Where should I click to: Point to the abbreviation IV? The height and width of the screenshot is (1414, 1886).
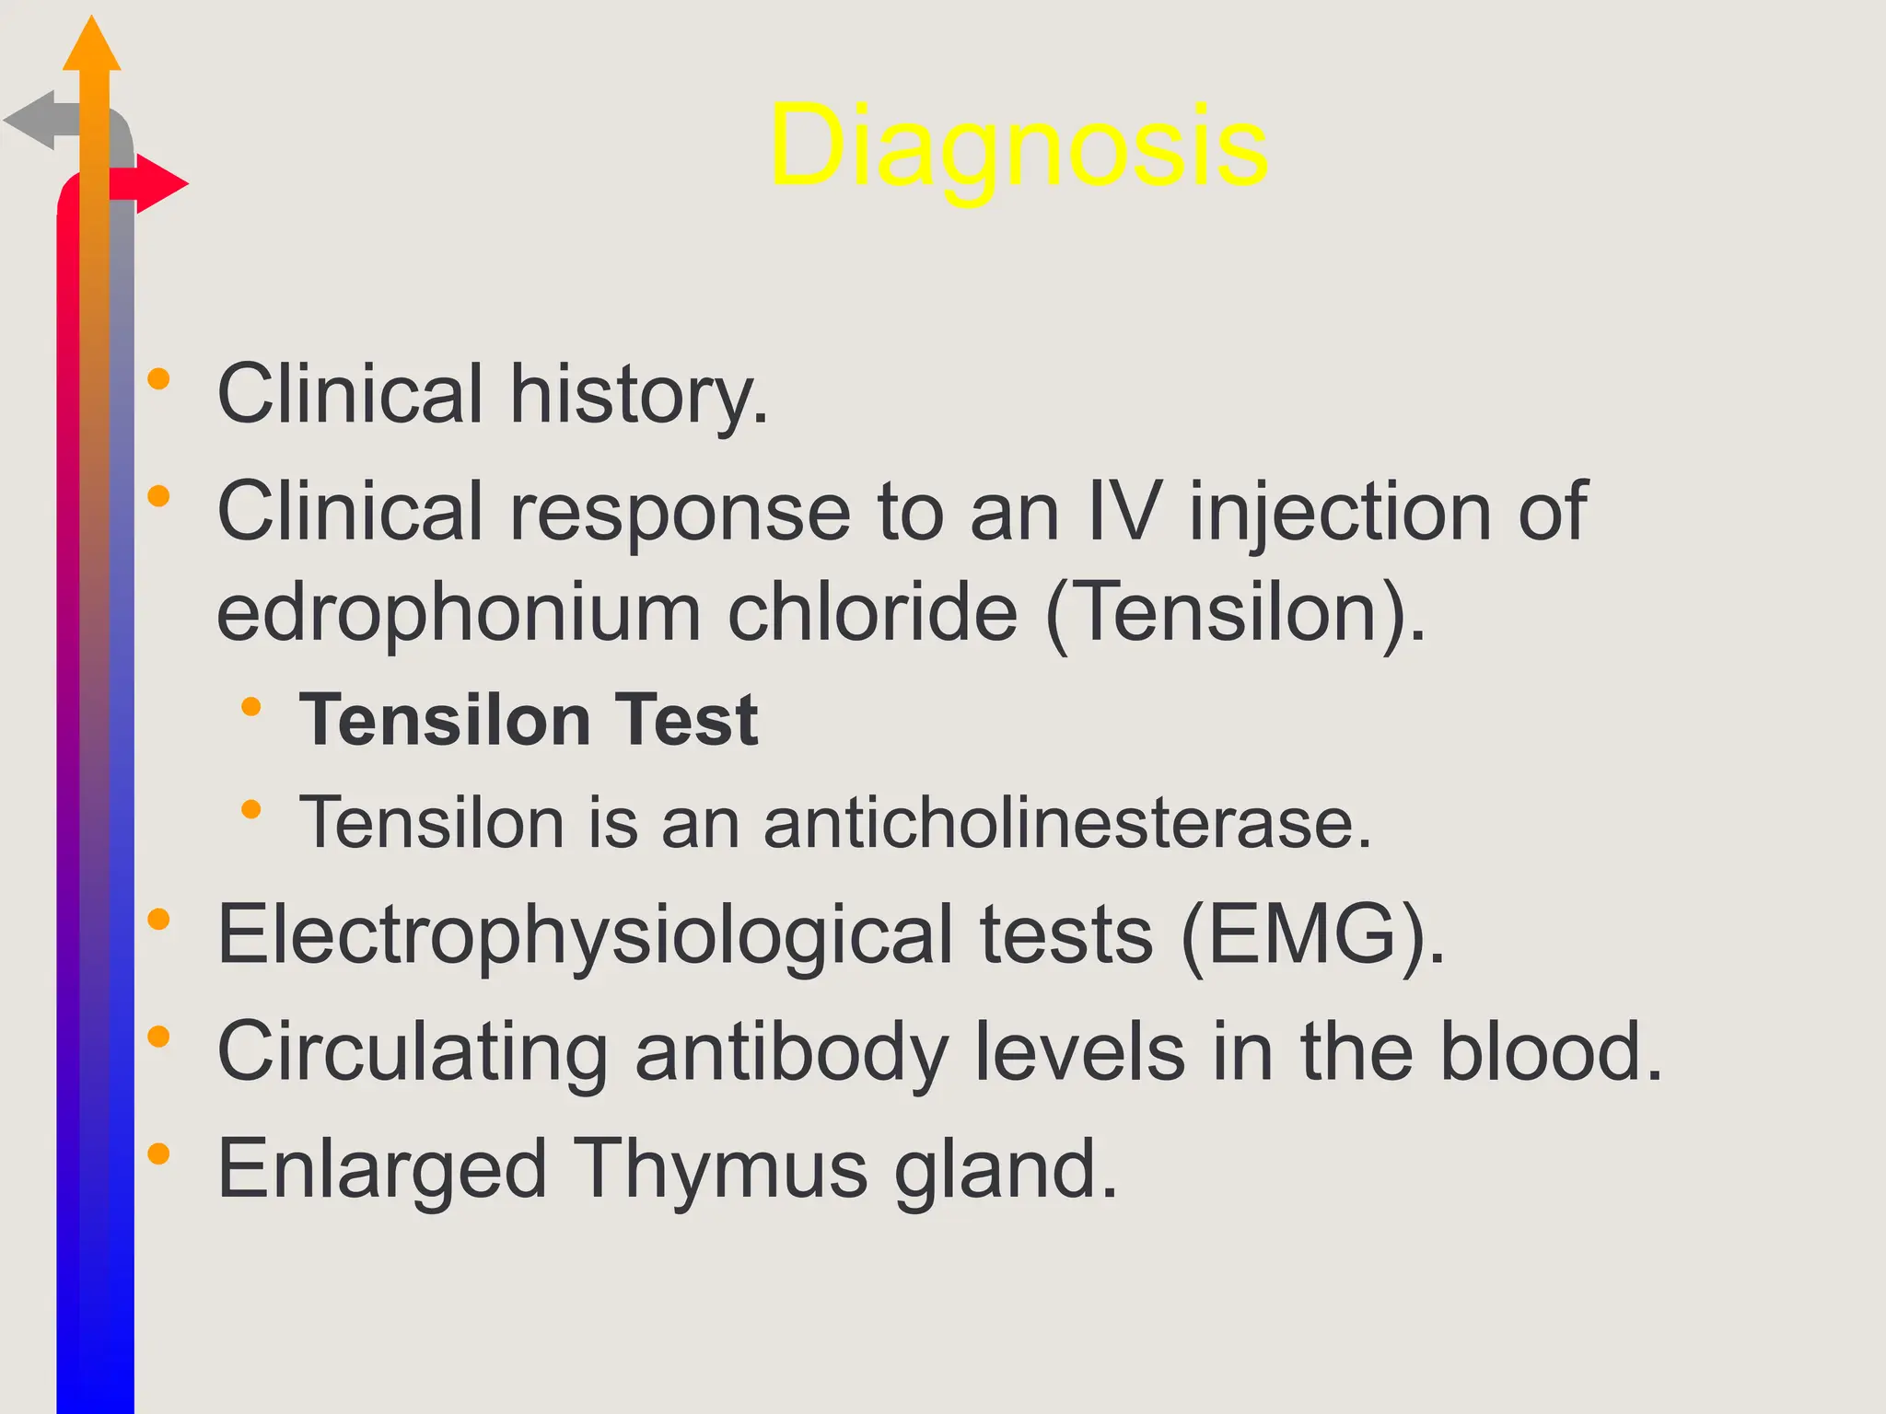(1123, 511)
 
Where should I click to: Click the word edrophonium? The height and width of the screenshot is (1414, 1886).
(459, 613)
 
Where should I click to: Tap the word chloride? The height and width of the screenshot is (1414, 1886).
(873, 613)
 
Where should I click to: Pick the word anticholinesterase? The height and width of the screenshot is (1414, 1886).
(1067, 822)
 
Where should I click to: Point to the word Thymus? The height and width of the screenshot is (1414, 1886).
(720, 1169)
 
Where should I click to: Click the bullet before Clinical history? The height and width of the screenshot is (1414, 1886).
(158, 379)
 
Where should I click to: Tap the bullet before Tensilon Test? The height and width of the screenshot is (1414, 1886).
(250, 707)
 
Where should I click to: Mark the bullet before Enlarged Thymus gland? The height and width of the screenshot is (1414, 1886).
(158, 1153)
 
